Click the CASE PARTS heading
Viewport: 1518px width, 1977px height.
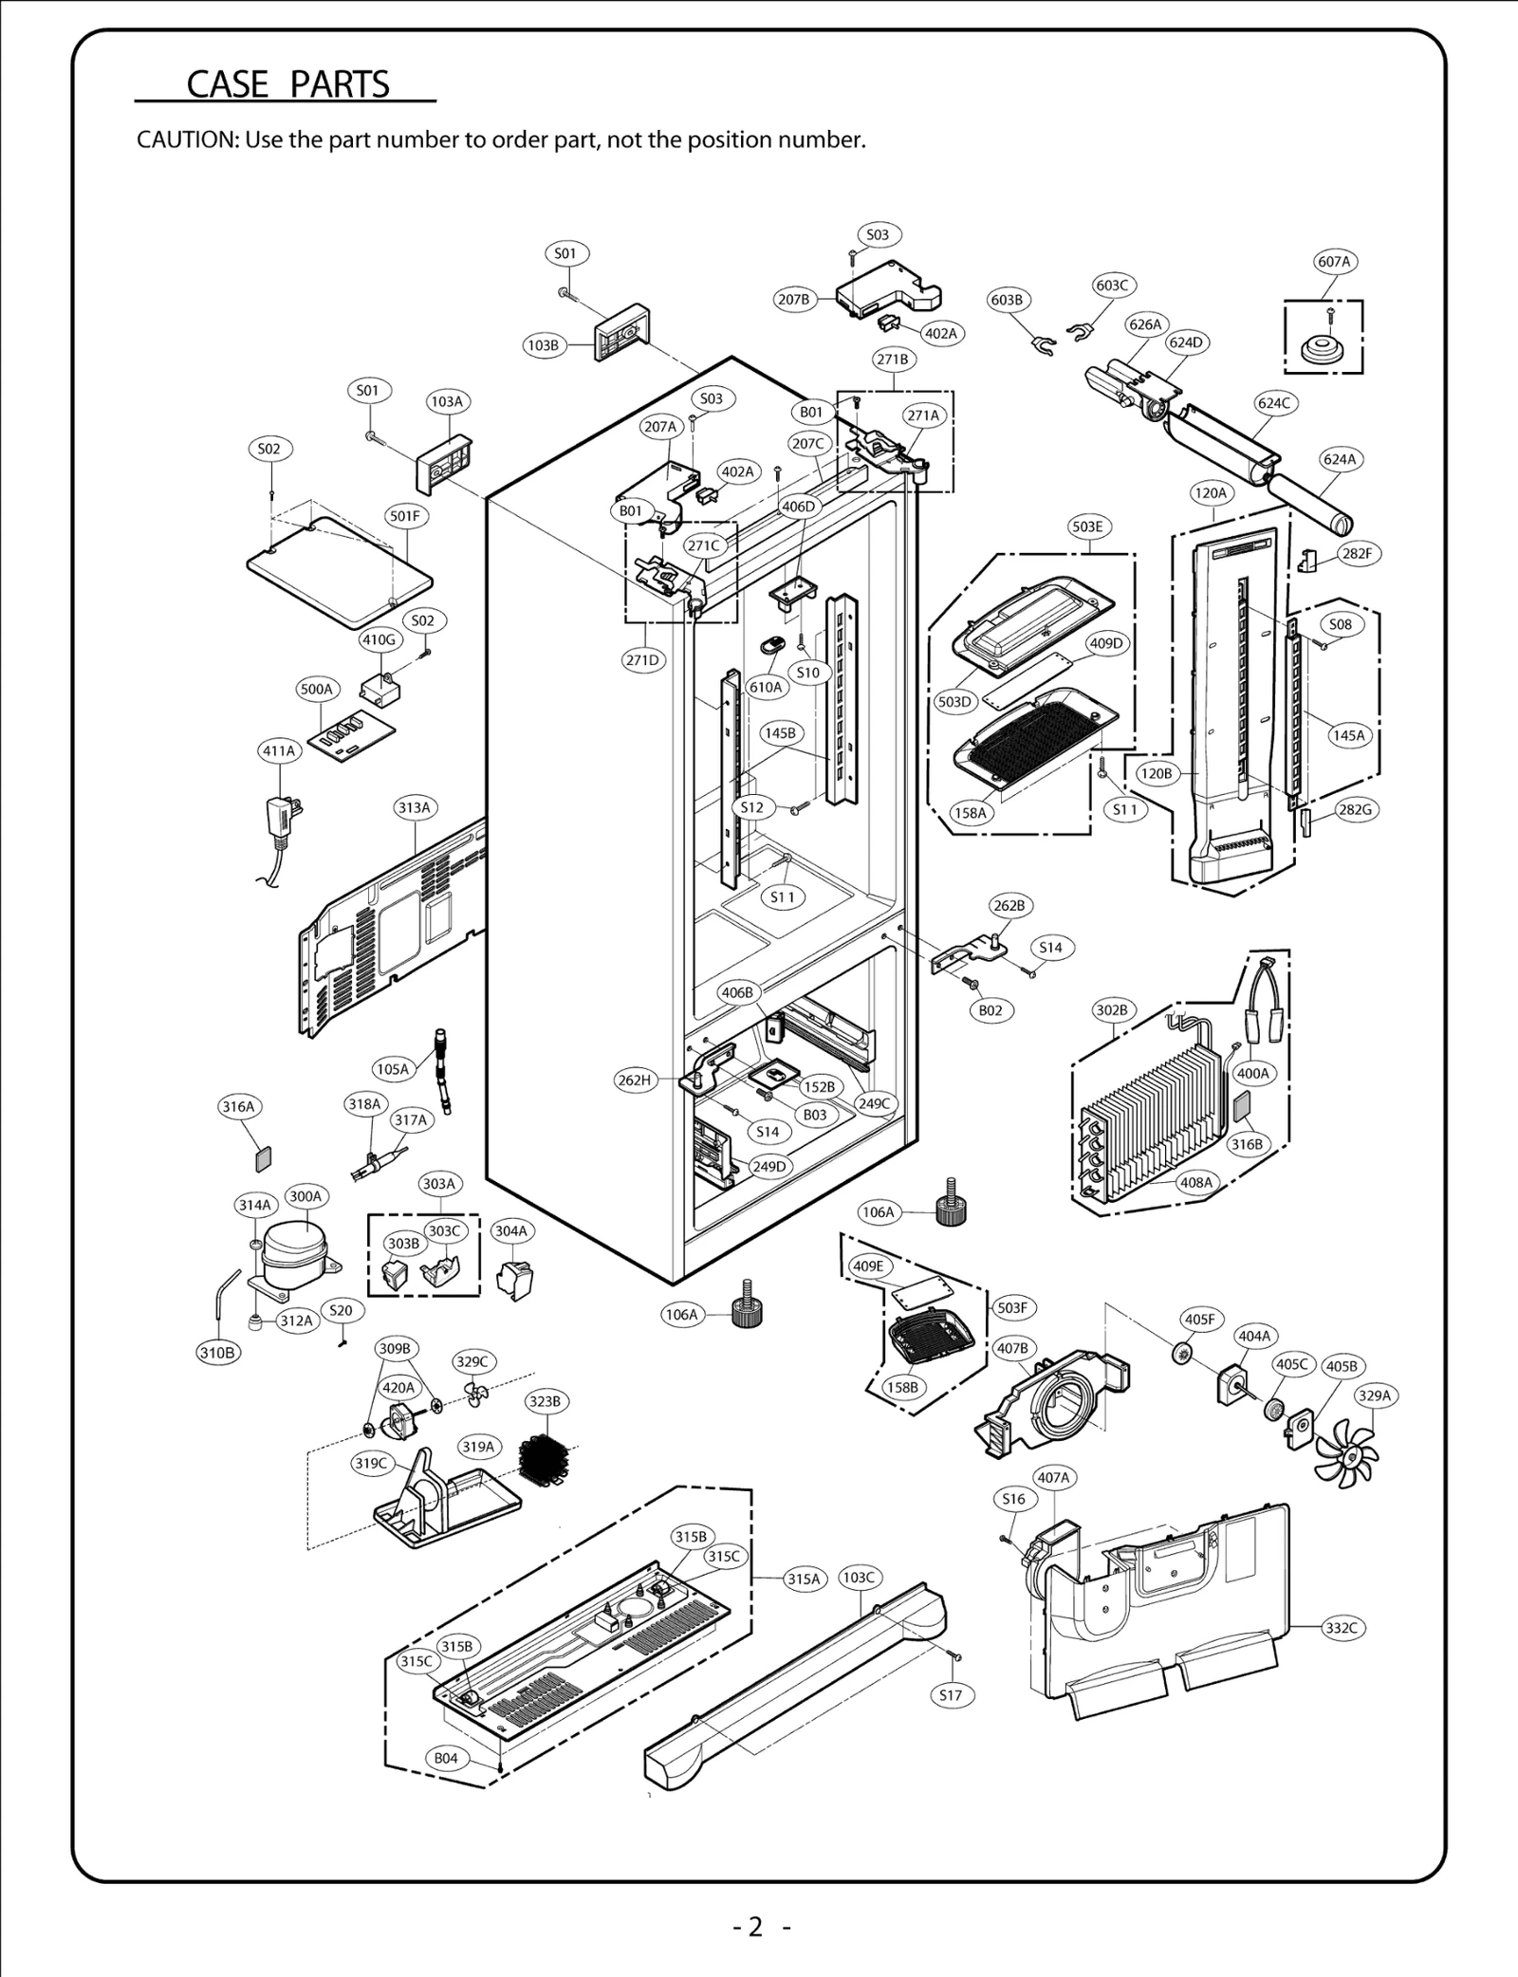click(287, 84)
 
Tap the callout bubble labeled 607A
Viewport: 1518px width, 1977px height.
click(1334, 261)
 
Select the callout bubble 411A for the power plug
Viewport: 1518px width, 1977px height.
click(279, 750)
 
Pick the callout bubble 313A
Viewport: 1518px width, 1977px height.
click(415, 808)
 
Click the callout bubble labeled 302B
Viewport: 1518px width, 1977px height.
click(1112, 1010)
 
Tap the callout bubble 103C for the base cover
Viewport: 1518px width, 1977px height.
click(859, 1577)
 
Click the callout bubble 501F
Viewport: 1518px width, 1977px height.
click(405, 516)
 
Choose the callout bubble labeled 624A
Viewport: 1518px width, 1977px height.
click(1340, 459)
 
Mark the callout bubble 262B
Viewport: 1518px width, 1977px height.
click(1009, 905)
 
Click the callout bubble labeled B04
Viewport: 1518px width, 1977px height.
click(446, 1758)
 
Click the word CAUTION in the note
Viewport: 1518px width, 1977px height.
click(186, 140)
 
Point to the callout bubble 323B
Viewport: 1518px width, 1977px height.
click(545, 1401)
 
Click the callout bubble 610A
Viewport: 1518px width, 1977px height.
click(766, 687)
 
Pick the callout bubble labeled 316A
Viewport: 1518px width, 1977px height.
click(238, 1106)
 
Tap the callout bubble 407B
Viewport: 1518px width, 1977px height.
click(1012, 1348)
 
